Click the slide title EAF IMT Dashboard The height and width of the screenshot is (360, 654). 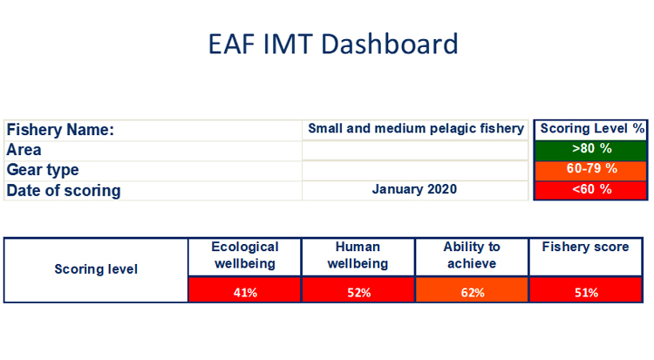point(333,44)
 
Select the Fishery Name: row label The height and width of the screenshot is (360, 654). point(61,130)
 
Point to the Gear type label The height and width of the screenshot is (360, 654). point(43,170)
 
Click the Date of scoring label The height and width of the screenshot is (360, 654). point(64,190)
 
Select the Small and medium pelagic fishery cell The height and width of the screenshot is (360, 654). point(416,129)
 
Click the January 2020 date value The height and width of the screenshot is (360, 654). point(415,189)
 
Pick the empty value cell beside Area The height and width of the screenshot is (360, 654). point(415,150)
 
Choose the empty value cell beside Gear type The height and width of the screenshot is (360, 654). point(415,170)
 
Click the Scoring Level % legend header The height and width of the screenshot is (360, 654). point(592,128)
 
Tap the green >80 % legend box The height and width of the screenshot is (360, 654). point(592,148)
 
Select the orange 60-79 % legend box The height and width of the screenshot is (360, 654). point(592,168)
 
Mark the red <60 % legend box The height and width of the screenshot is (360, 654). point(592,189)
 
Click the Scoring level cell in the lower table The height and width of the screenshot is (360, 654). point(96,269)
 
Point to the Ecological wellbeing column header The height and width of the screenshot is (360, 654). point(244,255)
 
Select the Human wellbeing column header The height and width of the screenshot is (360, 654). point(358,255)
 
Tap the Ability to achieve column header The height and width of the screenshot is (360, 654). point(471,255)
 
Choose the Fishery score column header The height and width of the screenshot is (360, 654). point(585,248)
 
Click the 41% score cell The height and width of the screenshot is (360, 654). point(244,292)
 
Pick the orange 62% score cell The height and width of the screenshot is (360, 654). point(471,292)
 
